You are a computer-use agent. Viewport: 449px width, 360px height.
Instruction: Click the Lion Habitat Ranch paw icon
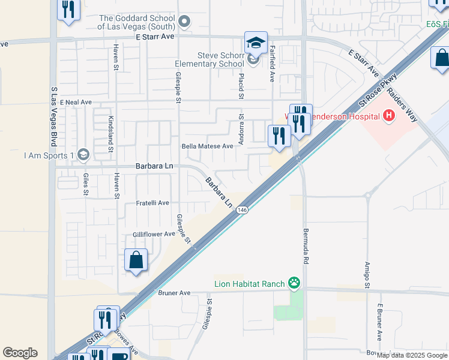[x=294, y=283]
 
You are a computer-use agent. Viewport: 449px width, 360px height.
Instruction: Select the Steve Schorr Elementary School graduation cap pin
[x=255, y=43]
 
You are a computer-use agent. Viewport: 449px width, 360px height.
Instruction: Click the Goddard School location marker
[x=184, y=23]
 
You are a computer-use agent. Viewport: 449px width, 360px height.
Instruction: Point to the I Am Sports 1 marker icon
[x=83, y=155]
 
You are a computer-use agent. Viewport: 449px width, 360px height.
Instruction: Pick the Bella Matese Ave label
[x=207, y=146]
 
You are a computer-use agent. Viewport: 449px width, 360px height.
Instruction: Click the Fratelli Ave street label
[x=152, y=203]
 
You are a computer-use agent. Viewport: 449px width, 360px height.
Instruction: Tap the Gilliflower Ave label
[x=154, y=234]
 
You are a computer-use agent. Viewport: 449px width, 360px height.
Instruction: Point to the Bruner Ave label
[x=173, y=293]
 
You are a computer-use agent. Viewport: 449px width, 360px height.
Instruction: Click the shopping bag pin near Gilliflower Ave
[x=136, y=260]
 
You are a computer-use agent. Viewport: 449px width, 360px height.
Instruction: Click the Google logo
[x=20, y=353]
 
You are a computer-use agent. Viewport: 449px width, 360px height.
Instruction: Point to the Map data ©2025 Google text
[x=412, y=355]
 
